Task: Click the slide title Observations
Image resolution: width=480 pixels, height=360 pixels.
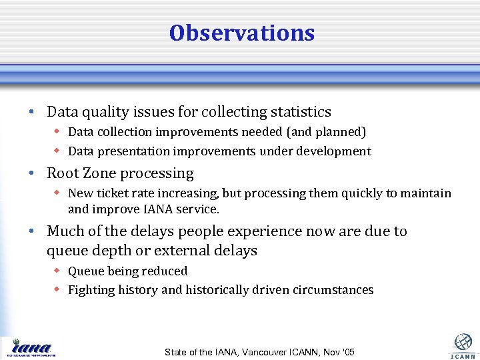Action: point(241,33)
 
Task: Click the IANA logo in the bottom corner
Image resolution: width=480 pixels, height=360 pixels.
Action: point(32,347)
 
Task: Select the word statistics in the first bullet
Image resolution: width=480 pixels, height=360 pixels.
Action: point(298,112)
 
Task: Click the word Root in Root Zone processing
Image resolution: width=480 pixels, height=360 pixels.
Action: point(63,174)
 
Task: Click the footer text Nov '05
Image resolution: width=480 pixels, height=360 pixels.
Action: point(339,352)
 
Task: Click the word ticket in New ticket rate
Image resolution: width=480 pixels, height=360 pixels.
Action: point(110,193)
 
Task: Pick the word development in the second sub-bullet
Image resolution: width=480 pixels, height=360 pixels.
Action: point(336,151)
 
